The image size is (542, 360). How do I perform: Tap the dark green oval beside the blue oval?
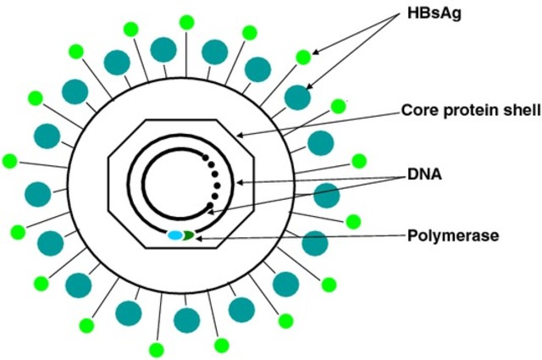click(189, 235)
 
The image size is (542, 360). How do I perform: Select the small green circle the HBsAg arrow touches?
click(302, 58)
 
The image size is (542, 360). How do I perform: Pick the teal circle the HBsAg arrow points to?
click(297, 97)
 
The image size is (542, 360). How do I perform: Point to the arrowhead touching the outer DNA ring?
click(240, 180)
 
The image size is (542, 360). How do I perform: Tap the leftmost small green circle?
click(10, 161)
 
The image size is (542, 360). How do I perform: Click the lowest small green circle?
click(156, 349)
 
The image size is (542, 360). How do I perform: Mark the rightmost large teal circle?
click(326, 194)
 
